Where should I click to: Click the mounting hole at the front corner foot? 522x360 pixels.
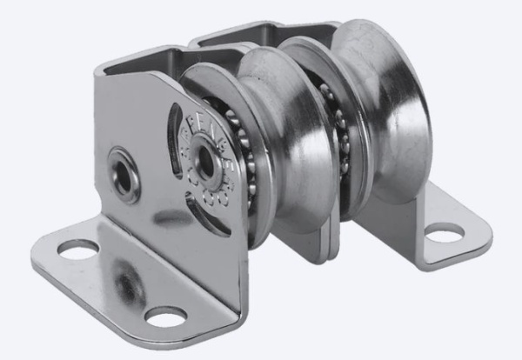tap(165, 316)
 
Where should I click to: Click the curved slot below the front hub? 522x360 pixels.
tap(205, 217)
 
